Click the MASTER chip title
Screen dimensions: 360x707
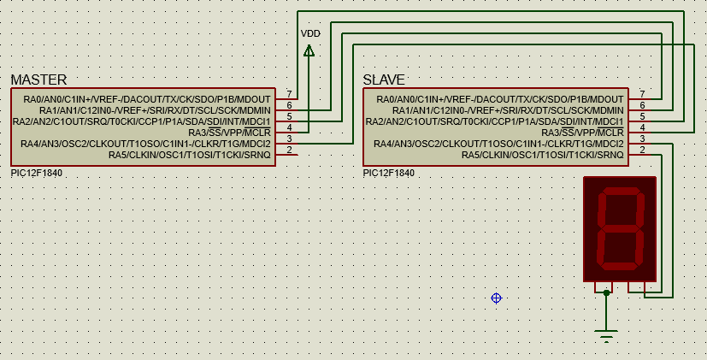coord(38,80)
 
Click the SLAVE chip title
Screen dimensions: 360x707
coord(384,80)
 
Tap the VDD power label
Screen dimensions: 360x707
coord(310,33)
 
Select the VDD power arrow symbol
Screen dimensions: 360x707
coord(309,50)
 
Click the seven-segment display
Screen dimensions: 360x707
coord(619,228)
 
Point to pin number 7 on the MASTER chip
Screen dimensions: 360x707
coord(290,94)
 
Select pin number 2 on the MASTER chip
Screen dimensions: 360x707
coord(290,150)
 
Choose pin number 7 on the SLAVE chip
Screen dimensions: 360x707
coord(642,94)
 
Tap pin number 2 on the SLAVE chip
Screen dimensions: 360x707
coord(642,150)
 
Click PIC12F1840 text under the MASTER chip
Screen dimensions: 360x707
coord(36,173)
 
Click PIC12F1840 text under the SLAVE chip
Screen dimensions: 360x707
coord(389,173)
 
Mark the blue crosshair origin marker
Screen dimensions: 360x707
coord(496,298)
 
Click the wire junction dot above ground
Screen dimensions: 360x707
coord(606,293)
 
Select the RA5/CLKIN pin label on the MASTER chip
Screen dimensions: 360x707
coord(189,155)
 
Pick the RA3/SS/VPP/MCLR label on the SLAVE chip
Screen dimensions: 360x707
coord(582,133)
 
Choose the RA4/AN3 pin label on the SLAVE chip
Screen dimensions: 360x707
coord(499,144)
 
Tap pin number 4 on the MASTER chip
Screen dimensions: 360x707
coord(290,127)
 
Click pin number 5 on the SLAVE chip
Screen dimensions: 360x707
coord(642,116)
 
